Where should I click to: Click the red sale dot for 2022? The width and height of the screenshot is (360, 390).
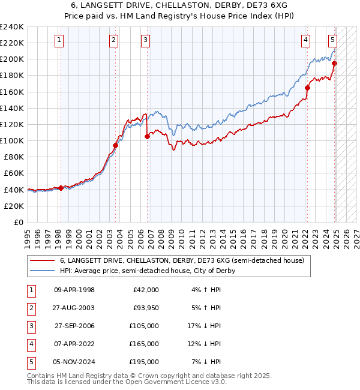click(307, 88)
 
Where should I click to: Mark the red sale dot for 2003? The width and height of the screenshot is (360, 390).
click(116, 145)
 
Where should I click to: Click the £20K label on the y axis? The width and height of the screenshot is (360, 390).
click(14, 206)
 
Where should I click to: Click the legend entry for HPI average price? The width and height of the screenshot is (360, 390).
click(148, 271)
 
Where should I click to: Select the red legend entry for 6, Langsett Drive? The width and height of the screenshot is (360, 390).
click(182, 260)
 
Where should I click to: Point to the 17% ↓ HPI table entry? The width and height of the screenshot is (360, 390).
click(205, 326)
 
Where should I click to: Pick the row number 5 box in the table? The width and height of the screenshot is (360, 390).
click(31, 362)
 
